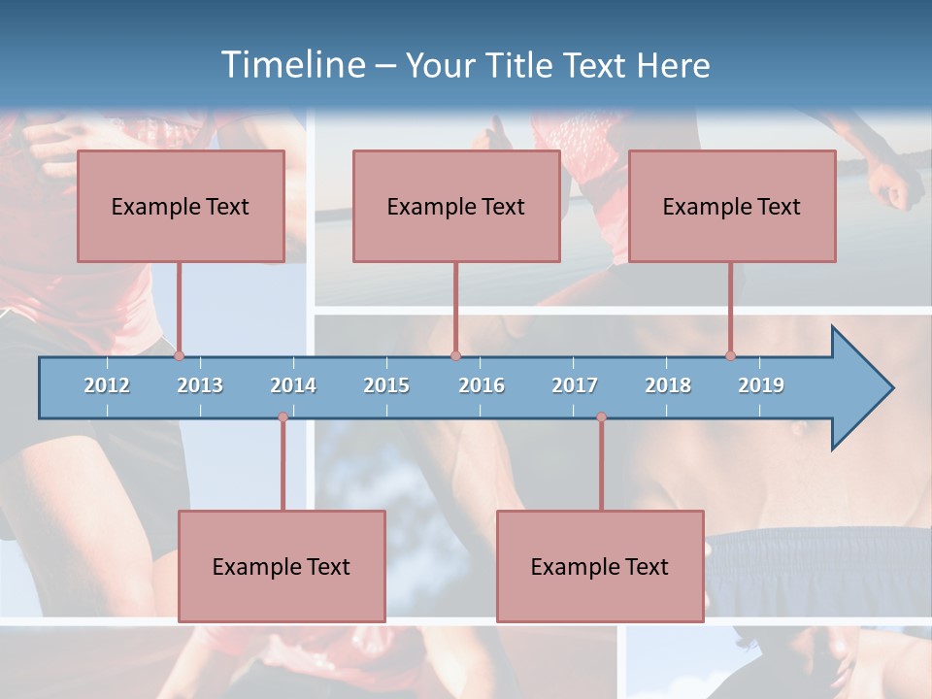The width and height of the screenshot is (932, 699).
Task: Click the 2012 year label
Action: click(107, 385)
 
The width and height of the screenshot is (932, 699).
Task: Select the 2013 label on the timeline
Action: click(200, 385)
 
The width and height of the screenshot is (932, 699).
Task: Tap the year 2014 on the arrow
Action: click(293, 385)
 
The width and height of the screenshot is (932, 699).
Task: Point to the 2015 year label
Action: click(386, 385)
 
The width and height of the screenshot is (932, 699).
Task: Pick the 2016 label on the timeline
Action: click(482, 385)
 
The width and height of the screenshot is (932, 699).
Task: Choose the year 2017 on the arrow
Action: click(575, 385)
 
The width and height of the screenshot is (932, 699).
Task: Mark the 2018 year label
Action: click(668, 385)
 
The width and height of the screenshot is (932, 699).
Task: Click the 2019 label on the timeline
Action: click(761, 385)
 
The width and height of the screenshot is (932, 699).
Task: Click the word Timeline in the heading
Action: click(290, 65)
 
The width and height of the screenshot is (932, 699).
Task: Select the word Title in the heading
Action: click(524, 65)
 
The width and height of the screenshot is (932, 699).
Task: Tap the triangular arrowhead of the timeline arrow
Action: click(860, 388)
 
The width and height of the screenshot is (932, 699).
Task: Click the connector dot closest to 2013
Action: click(179, 356)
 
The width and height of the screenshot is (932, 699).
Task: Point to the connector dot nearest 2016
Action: click(455, 356)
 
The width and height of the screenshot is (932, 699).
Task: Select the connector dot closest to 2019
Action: click(730, 356)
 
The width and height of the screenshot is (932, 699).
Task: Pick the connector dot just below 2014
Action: click(283, 417)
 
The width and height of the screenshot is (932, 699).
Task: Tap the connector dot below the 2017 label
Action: click(601, 417)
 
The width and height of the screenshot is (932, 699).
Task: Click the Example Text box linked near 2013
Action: click(181, 206)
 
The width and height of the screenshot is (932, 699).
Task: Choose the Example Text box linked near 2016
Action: click(456, 206)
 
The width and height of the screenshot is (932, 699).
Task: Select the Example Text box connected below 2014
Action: click(282, 566)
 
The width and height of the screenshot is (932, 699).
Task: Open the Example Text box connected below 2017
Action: click(600, 566)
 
